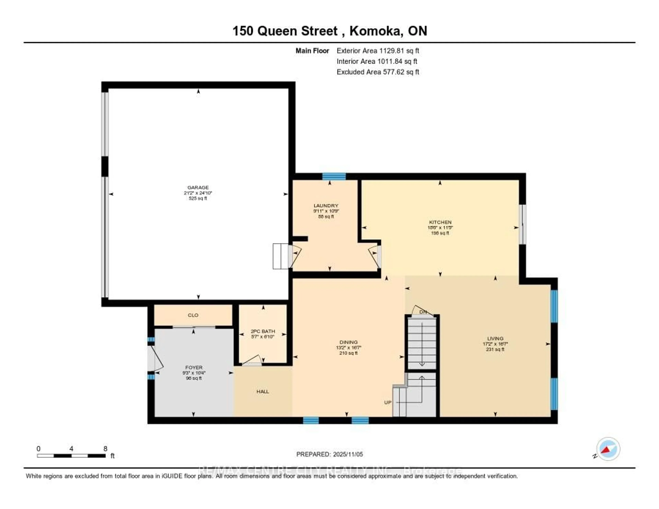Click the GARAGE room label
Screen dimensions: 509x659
(x=198, y=187)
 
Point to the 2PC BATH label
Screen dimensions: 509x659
(x=263, y=331)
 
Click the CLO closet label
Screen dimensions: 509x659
(x=193, y=315)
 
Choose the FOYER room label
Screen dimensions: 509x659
(x=194, y=367)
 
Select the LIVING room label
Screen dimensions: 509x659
(x=495, y=339)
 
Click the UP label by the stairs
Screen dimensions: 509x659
(x=388, y=402)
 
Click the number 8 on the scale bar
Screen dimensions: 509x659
(x=105, y=449)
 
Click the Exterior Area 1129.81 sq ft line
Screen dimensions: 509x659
(x=378, y=51)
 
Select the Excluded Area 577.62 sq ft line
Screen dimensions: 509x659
(x=378, y=72)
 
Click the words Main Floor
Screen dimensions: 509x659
(x=312, y=51)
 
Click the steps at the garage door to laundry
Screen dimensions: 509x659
(x=280, y=256)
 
